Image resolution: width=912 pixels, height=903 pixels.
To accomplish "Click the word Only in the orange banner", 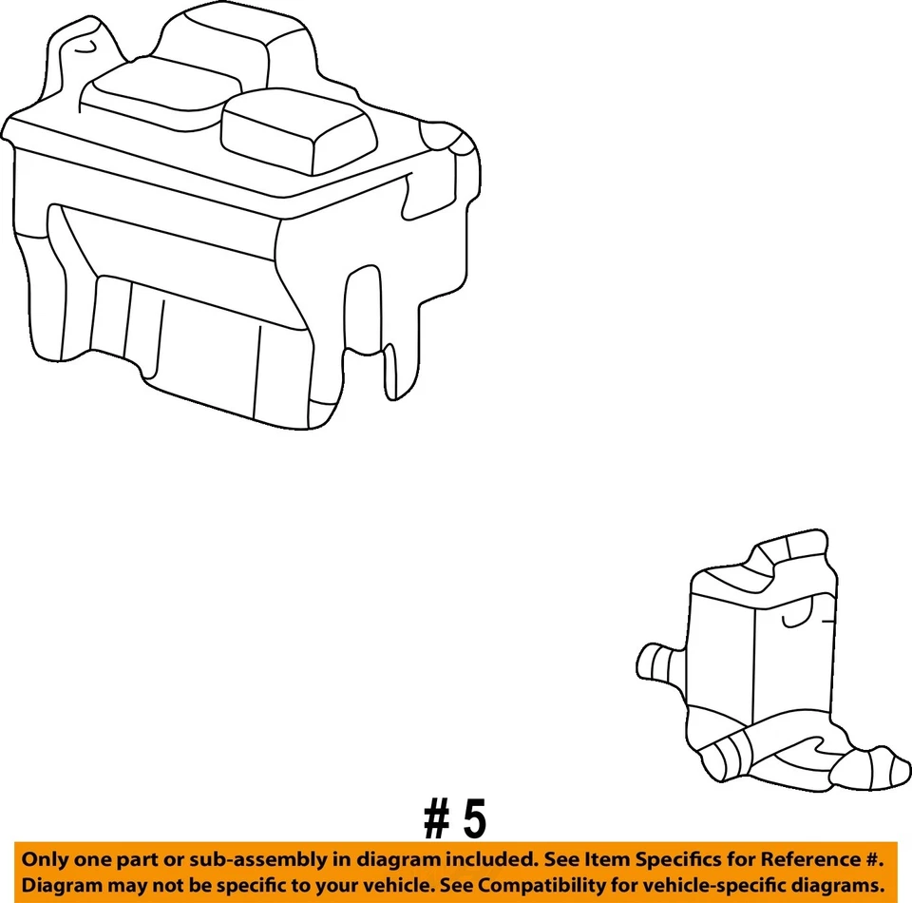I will point(47,859).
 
